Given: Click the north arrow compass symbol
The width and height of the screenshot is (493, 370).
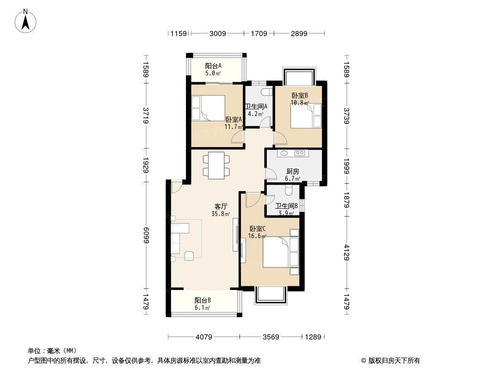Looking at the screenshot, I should point(27,21).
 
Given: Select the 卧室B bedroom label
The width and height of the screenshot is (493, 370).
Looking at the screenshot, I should point(300,96).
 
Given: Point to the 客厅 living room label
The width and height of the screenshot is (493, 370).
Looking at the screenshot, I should point(221,207).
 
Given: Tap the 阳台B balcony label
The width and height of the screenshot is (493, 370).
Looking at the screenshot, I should point(203,300).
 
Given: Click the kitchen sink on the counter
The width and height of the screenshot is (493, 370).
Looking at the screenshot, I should point(283,153).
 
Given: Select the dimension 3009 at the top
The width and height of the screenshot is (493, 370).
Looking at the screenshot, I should point(217,33).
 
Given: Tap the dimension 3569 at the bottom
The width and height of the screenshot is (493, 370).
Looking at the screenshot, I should point(271,337).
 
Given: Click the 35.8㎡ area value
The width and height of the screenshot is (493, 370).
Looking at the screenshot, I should point(220,214).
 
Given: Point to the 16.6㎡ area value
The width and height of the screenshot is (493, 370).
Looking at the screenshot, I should point(257,236).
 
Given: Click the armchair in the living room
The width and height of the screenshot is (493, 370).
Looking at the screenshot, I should point(190,256).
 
